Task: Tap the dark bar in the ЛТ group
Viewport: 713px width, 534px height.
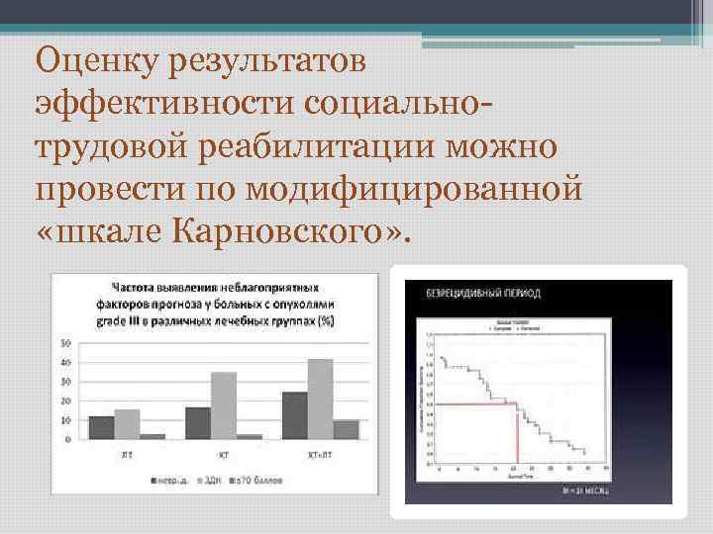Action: click(x=101, y=427)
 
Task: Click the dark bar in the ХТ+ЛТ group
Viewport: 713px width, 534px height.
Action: click(x=294, y=415)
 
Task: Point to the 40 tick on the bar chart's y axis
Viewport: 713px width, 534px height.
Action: click(x=66, y=363)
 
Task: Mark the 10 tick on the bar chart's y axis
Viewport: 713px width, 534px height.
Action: click(x=66, y=420)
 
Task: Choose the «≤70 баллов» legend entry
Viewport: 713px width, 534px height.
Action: click(x=259, y=481)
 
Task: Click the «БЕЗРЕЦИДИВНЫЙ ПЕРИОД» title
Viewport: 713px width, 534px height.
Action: click(x=482, y=295)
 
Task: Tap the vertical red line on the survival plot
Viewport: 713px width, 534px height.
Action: click(x=517, y=434)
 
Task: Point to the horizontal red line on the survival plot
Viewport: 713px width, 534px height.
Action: click(x=475, y=403)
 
